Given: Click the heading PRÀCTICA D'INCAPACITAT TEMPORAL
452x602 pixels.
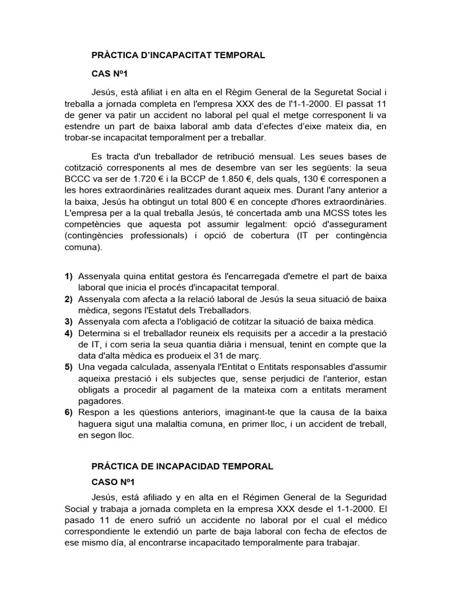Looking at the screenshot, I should pyautogui.click(x=178, y=55).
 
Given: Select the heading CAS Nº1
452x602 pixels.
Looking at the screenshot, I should pyautogui.click(x=109, y=74).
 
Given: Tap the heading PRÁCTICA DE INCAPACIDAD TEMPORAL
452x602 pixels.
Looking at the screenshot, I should pyautogui.click(x=182, y=466).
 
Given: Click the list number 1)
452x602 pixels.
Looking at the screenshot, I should pyautogui.click(x=68, y=276).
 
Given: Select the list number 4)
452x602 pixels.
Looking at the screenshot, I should pyautogui.click(x=68, y=334).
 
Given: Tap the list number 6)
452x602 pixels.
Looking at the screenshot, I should pyautogui.click(x=68, y=413).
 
